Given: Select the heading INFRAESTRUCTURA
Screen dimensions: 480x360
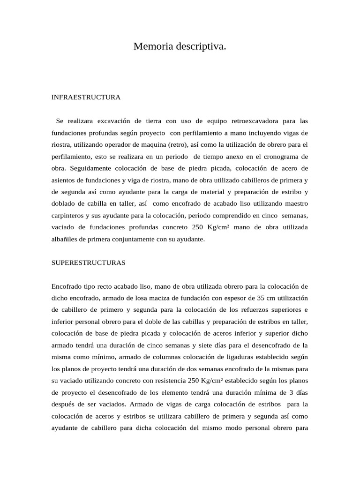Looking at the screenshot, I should tap(86, 97).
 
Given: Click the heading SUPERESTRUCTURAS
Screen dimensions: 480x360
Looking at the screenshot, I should tap(88, 263).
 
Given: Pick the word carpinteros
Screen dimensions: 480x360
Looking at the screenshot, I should tap(68, 215).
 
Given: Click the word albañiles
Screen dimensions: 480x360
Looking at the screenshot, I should tap(65, 239).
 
